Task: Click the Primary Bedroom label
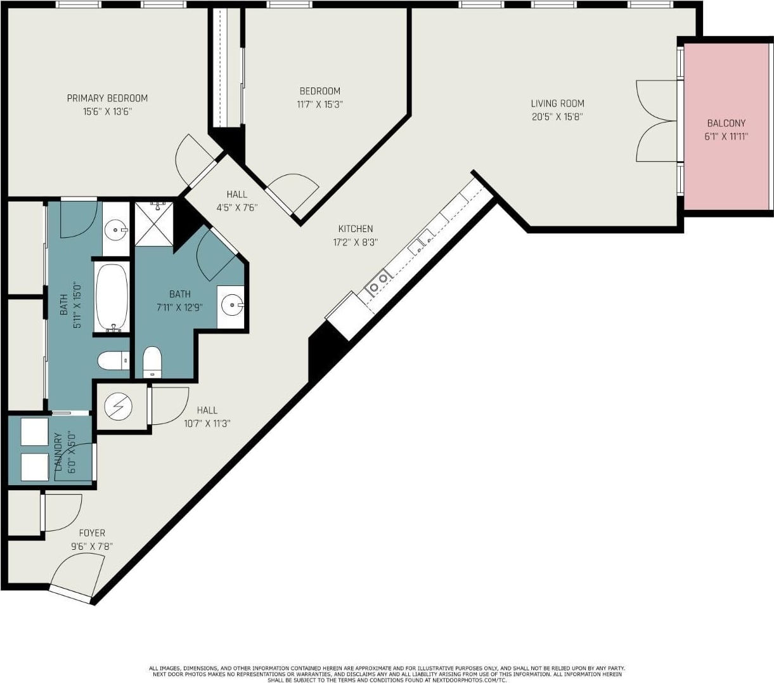tap(107, 98)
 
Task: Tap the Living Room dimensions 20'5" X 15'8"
tap(557, 117)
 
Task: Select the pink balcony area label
tap(726, 124)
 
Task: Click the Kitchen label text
tap(355, 229)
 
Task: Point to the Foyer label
tap(92, 533)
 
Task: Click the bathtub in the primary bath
tap(112, 297)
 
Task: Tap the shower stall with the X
tap(153, 224)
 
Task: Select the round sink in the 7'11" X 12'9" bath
tap(232, 305)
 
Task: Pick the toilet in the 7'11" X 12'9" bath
tap(152, 362)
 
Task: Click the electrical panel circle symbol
tap(118, 407)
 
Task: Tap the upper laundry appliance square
tap(34, 431)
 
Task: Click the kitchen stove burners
tap(378, 282)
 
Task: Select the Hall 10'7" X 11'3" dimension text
tap(207, 424)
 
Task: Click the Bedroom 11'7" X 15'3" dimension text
tap(319, 105)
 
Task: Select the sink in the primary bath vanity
tap(116, 230)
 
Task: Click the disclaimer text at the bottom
tap(387, 674)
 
